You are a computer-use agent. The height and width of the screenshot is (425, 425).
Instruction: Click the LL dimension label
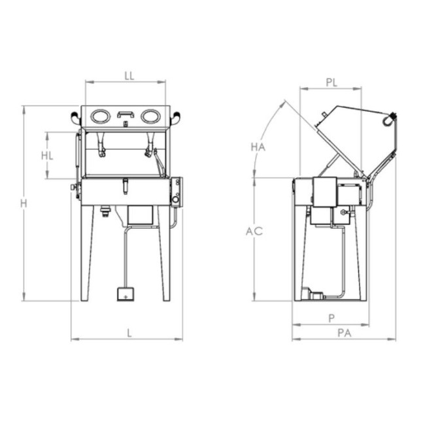coord(129,76)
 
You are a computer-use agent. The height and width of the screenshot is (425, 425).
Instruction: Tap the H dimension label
coord(24,203)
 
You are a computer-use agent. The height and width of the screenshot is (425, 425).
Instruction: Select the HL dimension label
coord(47,156)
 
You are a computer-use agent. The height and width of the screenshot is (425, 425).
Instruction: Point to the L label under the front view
coord(129,333)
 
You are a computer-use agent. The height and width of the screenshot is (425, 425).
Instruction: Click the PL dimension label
coord(331,82)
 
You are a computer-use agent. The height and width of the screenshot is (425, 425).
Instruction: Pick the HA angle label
coord(258,147)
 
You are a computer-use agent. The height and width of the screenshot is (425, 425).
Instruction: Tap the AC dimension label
coord(254,231)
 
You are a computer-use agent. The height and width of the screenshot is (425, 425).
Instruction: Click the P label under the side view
coord(331,318)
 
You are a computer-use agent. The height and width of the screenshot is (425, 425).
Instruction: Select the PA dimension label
coord(344,333)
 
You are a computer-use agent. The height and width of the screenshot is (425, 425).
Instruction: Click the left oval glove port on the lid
coord(100,116)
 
